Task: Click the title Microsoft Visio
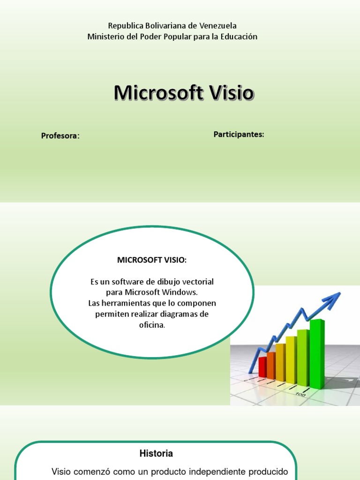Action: pos(184,93)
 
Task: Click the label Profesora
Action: pos(60,136)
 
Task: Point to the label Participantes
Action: pos(239,135)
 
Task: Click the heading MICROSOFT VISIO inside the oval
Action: pos(151,260)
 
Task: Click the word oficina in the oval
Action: pos(152,325)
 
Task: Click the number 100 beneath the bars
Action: pos(300,395)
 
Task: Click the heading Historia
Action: pos(156,453)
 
